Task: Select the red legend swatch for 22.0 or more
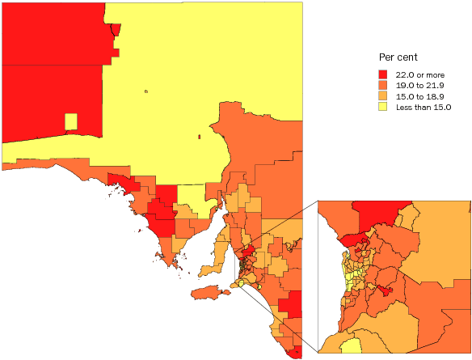(x=383, y=74)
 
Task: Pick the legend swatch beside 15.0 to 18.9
(x=383, y=95)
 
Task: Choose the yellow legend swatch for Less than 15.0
(x=383, y=106)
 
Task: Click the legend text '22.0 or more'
(x=419, y=74)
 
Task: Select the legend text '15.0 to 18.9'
(x=419, y=95)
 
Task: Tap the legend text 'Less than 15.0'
(x=423, y=106)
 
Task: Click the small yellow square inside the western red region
(x=71, y=121)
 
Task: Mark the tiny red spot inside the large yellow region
(x=199, y=136)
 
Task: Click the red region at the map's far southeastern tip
(x=297, y=351)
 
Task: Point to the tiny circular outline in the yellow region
(x=145, y=91)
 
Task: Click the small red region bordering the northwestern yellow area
(x=116, y=29)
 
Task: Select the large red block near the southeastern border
(x=291, y=306)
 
